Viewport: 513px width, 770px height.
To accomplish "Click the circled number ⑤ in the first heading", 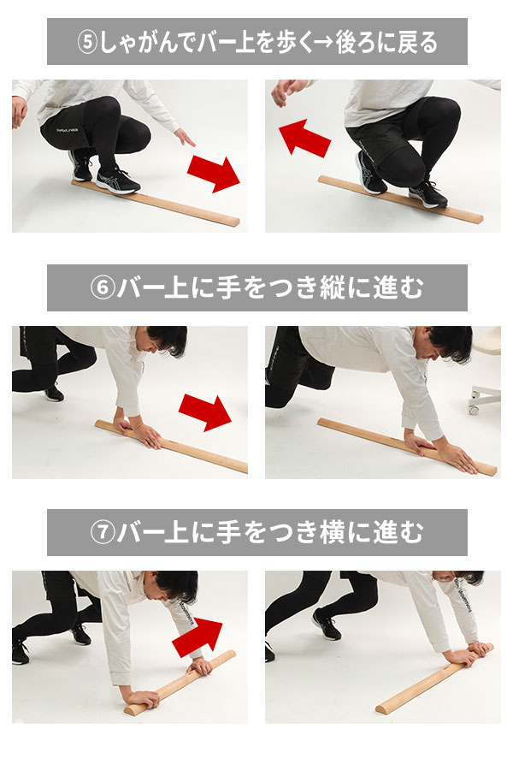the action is (x=88, y=43).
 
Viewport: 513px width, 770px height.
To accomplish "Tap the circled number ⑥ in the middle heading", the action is (x=102, y=287).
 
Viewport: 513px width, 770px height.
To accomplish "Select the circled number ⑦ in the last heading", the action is (x=102, y=533).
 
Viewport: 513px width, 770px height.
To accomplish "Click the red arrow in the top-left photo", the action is (x=214, y=174).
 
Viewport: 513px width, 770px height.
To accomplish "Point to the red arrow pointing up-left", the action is (x=304, y=139).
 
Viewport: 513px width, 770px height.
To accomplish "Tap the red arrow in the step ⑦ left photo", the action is (x=198, y=637).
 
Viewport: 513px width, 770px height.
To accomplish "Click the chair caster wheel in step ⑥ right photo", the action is (x=475, y=407).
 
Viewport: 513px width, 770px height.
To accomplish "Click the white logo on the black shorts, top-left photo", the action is (x=67, y=130).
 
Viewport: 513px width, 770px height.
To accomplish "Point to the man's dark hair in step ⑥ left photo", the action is (x=169, y=339).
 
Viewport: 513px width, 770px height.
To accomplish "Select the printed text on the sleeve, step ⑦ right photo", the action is (x=462, y=595).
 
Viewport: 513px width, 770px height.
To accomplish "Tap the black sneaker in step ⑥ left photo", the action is (x=54, y=393).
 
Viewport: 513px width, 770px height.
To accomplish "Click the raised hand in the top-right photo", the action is (x=290, y=92).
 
